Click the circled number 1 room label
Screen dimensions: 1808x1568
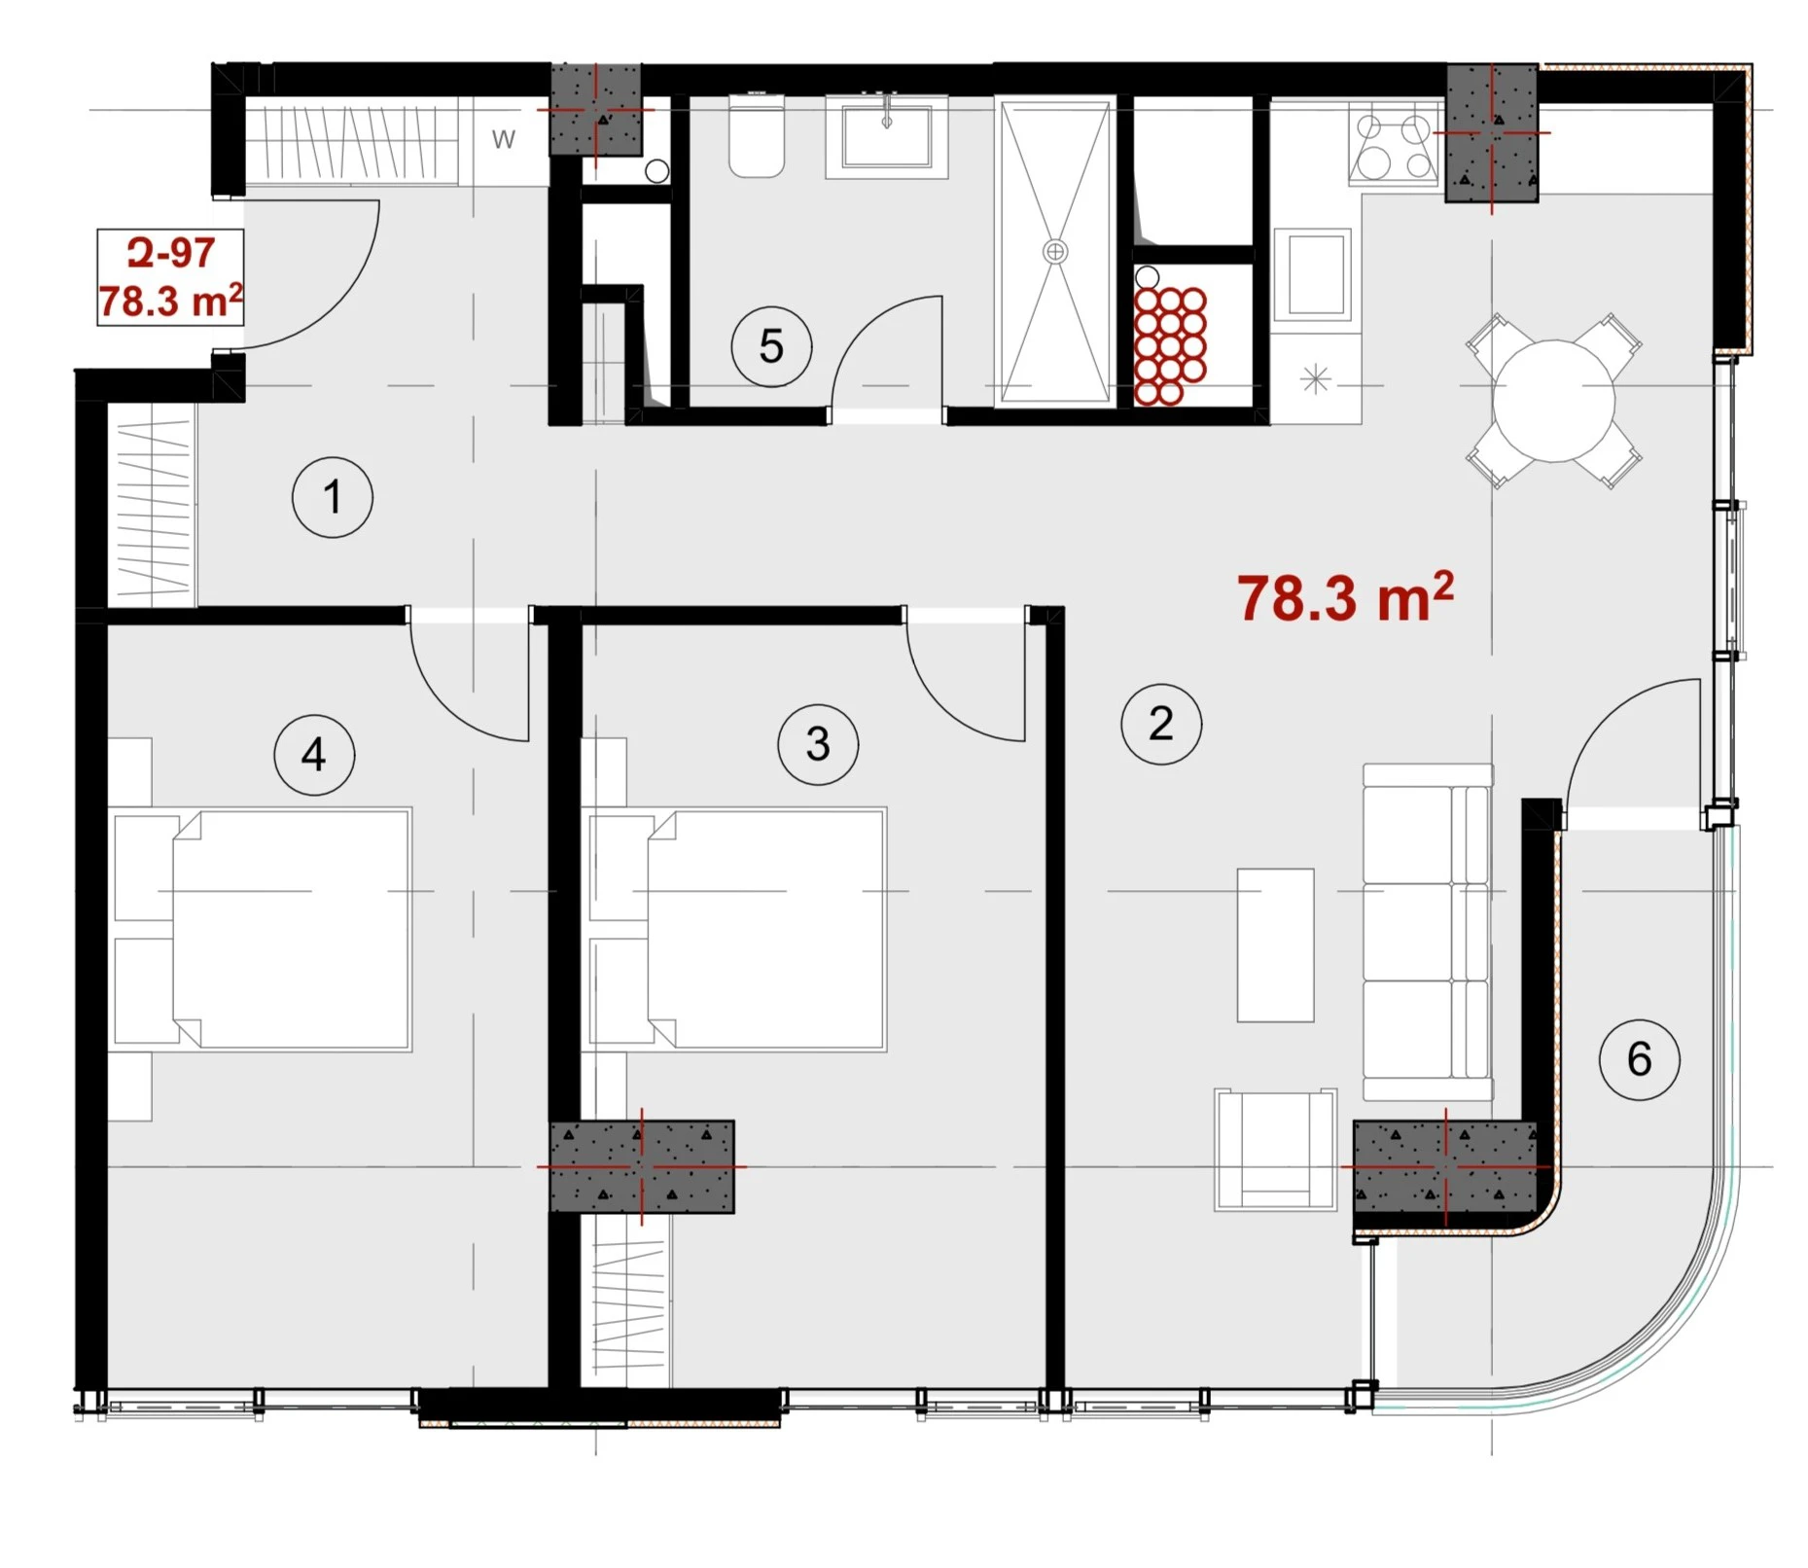(332, 497)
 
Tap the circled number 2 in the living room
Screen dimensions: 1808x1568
(1161, 724)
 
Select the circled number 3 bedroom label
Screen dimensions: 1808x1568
(818, 745)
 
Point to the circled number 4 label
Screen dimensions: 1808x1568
(314, 755)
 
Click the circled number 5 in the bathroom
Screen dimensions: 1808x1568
(771, 346)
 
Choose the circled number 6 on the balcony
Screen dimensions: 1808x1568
(1640, 1059)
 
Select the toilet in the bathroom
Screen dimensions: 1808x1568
(757, 136)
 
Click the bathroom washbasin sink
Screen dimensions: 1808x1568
(887, 136)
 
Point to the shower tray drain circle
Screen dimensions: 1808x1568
(1055, 252)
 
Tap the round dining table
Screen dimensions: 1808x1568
(1554, 401)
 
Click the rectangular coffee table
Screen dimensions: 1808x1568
(1275, 945)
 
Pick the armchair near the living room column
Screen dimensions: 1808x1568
(1275, 1150)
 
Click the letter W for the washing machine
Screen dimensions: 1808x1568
(503, 139)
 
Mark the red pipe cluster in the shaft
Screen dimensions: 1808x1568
(1170, 345)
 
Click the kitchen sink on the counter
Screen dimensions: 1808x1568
(1313, 273)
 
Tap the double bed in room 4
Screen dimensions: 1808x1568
(263, 929)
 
